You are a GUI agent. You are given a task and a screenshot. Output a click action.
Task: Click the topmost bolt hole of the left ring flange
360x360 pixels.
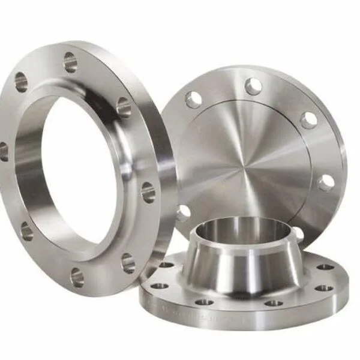coord(70,62)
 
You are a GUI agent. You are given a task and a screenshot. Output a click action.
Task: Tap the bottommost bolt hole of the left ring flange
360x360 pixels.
coord(77,277)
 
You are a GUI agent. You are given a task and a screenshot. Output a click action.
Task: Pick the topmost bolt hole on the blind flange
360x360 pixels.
coord(253,86)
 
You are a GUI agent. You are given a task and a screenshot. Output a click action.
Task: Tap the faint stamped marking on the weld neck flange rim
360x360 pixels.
coord(180,310)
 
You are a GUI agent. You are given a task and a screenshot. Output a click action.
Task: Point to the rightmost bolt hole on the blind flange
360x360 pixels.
coord(326,182)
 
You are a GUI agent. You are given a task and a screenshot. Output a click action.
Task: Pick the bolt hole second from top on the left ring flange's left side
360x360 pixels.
coord(22,82)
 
